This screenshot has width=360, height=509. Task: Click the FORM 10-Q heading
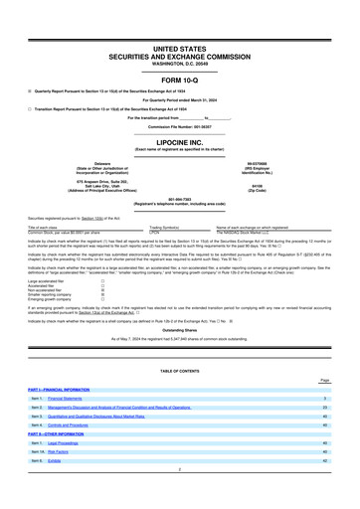click(180, 78)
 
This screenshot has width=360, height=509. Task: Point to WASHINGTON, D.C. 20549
click(180, 63)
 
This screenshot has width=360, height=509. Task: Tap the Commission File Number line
click(180, 128)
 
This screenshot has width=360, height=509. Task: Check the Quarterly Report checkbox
click(31, 91)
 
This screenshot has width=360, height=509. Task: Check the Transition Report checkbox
click(31, 110)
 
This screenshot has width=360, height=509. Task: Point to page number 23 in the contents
click(325, 434)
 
